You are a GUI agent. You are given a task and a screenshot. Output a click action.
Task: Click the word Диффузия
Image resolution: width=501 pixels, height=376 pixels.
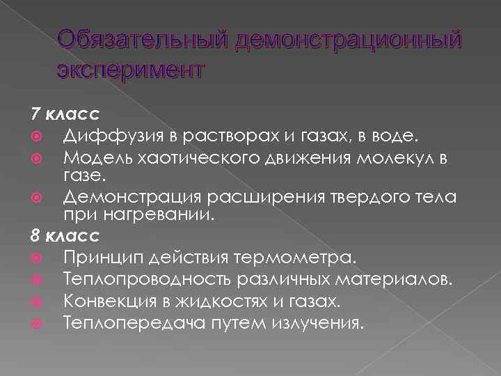[x=104, y=132]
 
